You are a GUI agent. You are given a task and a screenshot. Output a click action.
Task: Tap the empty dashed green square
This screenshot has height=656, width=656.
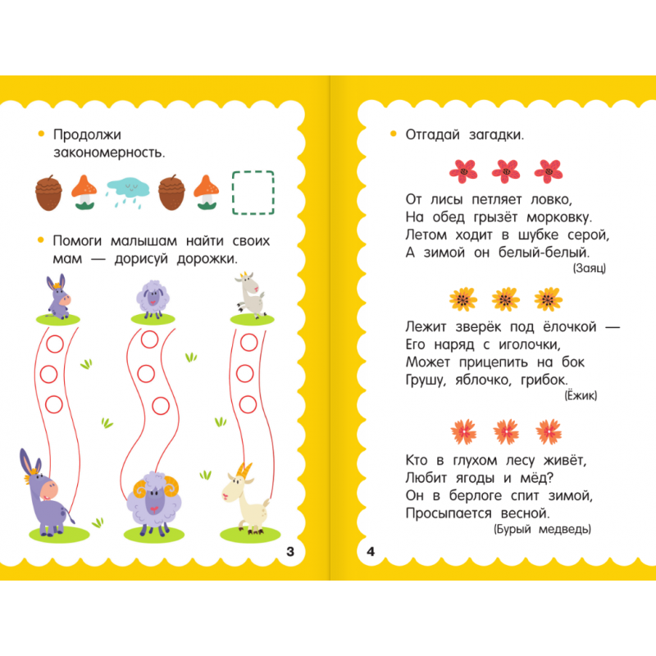(253, 193)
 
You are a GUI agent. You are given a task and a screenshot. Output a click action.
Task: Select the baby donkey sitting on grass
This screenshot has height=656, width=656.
(58, 297)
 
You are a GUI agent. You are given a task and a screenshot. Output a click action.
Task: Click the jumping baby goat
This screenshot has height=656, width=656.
(251, 294)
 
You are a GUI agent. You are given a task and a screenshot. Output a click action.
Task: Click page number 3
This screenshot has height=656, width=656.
(290, 551)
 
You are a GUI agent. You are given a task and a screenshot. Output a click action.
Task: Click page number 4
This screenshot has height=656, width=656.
(371, 551)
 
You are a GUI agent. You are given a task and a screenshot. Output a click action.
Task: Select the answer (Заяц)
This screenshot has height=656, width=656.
(589, 268)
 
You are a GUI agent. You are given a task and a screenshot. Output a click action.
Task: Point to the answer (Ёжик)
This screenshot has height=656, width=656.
(581, 395)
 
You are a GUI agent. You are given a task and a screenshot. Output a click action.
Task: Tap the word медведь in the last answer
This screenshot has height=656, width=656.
(565, 529)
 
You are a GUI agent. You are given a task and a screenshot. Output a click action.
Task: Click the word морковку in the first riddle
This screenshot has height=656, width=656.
(559, 217)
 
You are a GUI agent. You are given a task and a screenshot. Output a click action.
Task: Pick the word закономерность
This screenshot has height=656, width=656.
(109, 153)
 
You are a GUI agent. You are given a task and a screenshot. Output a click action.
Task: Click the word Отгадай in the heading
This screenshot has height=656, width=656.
(433, 134)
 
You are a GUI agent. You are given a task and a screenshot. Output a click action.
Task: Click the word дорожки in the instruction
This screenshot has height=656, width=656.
(207, 259)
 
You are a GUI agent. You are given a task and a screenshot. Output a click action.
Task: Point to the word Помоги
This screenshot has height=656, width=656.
(77, 241)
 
